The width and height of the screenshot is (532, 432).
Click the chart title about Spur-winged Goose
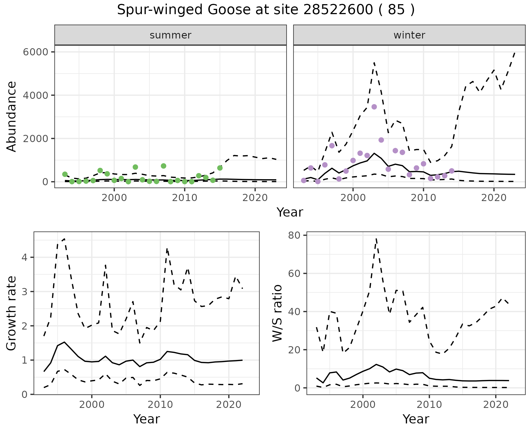(x=266, y=10)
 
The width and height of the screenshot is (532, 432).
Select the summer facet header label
(x=170, y=35)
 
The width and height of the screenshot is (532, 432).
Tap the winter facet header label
(x=409, y=35)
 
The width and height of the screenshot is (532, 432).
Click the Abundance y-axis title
(x=12, y=116)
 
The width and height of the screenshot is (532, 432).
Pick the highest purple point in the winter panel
(x=374, y=107)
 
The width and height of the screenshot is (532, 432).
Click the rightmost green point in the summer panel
(x=220, y=168)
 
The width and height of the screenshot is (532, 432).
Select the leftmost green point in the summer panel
(x=65, y=174)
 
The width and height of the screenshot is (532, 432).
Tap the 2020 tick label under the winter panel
(x=494, y=198)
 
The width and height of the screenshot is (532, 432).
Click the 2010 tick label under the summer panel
(x=185, y=198)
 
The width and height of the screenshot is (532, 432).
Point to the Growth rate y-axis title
(x=12, y=313)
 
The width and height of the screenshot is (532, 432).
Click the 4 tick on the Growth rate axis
(x=24, y=258)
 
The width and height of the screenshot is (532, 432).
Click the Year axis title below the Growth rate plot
(x=147, y=419)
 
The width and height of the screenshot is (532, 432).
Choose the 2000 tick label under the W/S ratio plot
(x=363, y=405)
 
